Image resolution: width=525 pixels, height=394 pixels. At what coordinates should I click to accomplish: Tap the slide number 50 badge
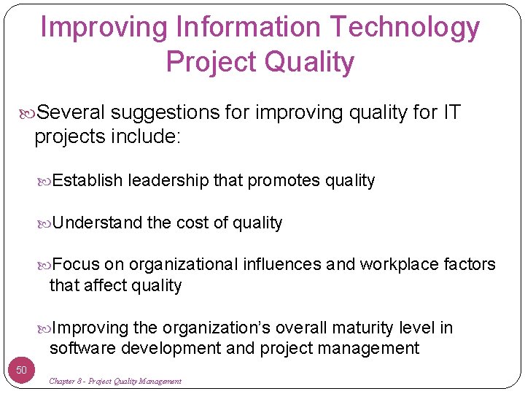(21, 370)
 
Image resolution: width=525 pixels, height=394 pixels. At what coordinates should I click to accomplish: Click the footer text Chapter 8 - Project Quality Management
(115, 382)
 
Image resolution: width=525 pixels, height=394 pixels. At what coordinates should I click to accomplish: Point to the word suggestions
(165, 112)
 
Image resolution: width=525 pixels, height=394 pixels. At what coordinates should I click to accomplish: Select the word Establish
(87, 181)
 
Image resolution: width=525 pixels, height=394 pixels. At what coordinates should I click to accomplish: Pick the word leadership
(168, 181)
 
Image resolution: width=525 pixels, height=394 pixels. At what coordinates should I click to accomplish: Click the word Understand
(98, 223)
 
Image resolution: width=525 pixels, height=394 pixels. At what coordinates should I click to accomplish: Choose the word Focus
(77, 264)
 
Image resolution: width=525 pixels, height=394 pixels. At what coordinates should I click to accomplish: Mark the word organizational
(183, 264)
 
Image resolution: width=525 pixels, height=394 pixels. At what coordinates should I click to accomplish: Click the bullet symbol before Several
(28, 113)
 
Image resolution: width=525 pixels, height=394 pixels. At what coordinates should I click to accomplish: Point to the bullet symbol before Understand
(46, 223)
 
